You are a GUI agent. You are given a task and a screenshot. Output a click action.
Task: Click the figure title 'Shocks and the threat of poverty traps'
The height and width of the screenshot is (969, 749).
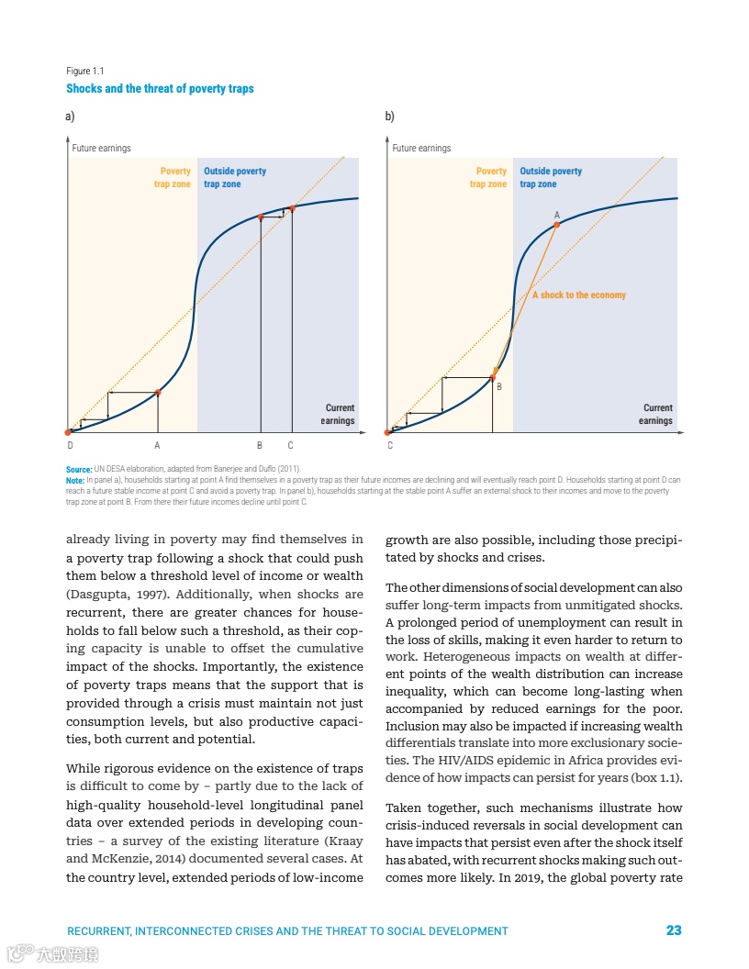pos(160,89)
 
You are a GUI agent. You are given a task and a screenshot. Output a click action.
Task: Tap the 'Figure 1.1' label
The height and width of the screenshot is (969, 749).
pos(84,72)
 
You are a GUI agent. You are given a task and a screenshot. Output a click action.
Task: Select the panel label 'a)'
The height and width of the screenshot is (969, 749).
pos(70,117)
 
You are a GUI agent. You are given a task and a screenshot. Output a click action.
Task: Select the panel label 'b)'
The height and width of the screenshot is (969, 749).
pos(389,117)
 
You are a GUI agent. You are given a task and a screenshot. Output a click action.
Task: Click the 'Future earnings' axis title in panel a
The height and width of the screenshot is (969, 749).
pos(101,148)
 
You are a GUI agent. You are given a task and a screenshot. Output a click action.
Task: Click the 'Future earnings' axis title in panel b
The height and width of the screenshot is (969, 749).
pos(421,148)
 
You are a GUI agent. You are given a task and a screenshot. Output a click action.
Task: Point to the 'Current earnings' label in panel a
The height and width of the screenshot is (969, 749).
pos(338,415)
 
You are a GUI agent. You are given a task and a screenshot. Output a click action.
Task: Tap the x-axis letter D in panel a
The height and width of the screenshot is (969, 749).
pos(70,446)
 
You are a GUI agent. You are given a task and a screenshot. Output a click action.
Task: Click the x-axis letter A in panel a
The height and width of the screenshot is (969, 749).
pos(157,446)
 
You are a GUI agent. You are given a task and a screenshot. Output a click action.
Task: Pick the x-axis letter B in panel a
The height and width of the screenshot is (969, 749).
pos(260,446)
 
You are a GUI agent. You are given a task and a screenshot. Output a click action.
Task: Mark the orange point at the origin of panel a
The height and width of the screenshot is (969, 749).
pos(68,431)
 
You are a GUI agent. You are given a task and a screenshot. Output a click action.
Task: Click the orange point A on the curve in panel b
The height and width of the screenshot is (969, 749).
pos(556,225)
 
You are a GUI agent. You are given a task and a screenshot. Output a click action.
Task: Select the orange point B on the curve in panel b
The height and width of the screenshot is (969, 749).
pos(493,377)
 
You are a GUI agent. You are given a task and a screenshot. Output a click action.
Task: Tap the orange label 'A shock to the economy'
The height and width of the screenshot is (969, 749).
pos(579,295)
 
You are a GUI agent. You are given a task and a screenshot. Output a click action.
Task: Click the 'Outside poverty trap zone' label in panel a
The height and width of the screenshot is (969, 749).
pos(235,177)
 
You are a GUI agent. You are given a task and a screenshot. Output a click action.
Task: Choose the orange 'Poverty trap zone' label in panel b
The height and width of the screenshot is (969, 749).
pos(488,177)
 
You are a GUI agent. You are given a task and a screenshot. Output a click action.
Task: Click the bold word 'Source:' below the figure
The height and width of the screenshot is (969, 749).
pos(79,470)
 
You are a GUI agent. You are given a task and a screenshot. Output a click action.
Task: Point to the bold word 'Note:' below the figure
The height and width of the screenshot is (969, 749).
pos(75,480)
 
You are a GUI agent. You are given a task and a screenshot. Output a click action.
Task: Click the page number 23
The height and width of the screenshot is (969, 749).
pos(674,930)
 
